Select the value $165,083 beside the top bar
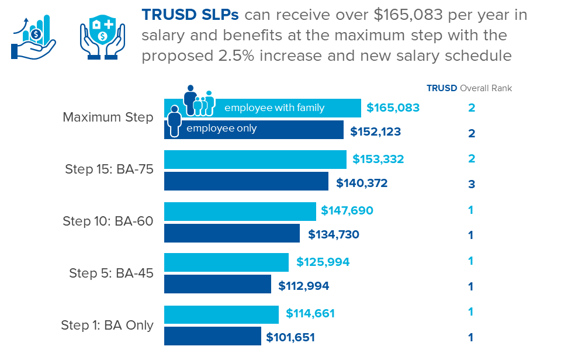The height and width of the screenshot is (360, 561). (393, 108)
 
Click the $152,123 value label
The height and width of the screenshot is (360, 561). (376, 131)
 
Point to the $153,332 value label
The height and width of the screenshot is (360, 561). (378, 159)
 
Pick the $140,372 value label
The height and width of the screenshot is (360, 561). (362, 184)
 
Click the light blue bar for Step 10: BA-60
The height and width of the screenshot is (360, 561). (240, 211)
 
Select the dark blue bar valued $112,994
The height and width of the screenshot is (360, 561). (217, 285)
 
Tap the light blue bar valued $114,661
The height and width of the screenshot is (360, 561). (221, 314)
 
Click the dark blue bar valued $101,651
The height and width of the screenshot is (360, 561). (212, 337)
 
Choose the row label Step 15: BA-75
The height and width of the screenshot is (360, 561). (109, 170)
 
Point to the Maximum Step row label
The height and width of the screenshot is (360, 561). (108, 117)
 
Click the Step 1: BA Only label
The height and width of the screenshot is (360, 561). (107, 326)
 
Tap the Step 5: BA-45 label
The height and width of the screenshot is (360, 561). (111, 273)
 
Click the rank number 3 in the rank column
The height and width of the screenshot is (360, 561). (471, 184)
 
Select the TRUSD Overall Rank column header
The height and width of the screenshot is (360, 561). (469, 88)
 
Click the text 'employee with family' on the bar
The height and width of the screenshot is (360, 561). (274, 108)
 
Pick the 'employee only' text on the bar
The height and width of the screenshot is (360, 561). (221, 129)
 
